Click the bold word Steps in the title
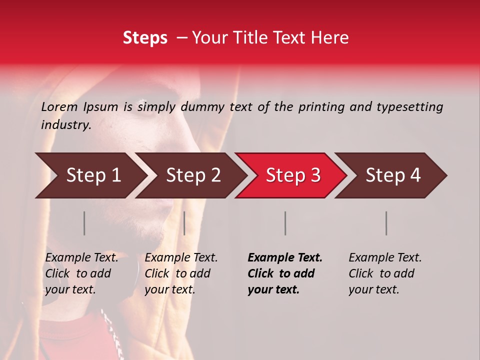coord(145,38)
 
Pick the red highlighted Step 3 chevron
coord(293,175)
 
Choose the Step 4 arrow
coord(393,175)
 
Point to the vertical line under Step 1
coord(84,223)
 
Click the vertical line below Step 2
coord(184,223)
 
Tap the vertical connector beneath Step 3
coord(285,223)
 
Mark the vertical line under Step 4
coord(386,223)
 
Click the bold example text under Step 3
coord(284,273)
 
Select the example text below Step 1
coord(81,273)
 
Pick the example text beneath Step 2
coord(181,273)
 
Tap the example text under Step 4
coord(385,273)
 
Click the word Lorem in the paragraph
coord(59,106)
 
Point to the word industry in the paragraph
coord(65,124)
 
